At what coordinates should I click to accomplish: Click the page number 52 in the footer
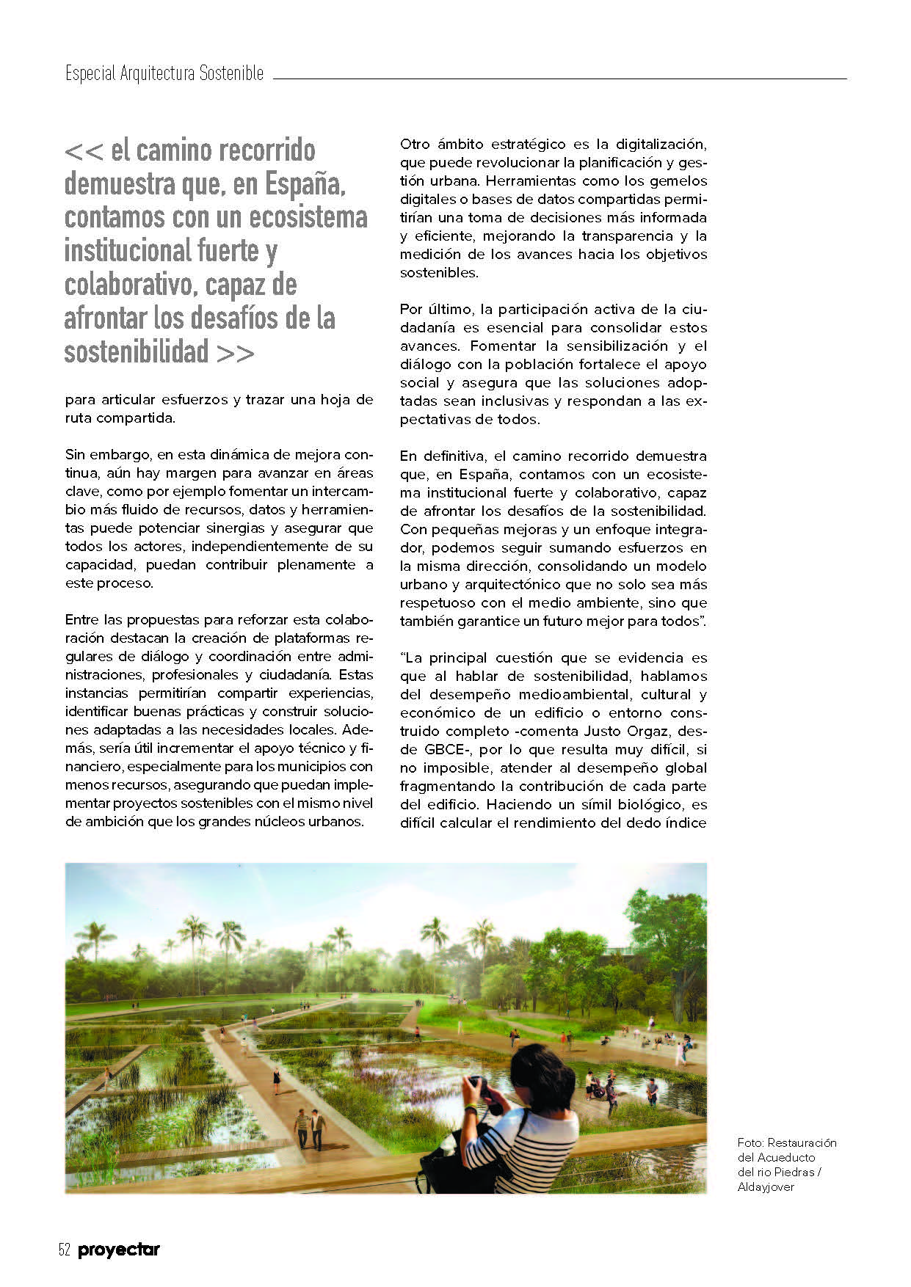coord(64,1250)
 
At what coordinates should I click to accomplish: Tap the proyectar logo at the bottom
coord(119,1250)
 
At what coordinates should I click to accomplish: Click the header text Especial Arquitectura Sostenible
coord(164,74)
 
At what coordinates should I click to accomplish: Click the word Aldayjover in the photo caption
coord(766,1186)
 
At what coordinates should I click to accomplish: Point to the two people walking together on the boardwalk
coord(309,1127)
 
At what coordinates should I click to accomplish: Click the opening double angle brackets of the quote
coord(84,151)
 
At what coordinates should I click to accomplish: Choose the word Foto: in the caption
coord(750,1142)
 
